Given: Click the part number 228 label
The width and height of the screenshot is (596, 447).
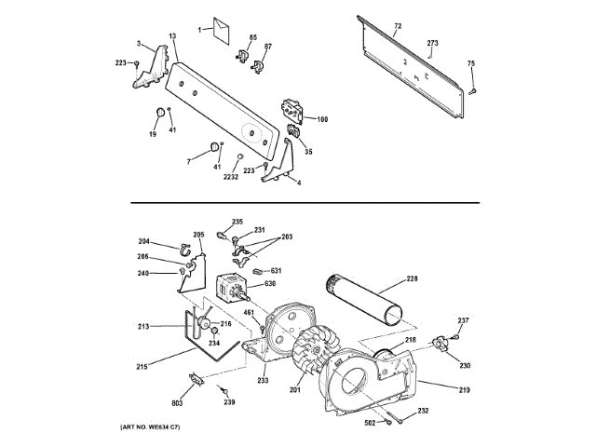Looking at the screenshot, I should (x=413, y=278).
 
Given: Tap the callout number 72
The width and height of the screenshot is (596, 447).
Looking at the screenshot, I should (x=397, y=25).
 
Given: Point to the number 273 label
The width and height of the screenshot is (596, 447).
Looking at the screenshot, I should (x=432, y=43).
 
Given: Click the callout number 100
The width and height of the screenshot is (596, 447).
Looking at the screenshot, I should (x=322, y=119).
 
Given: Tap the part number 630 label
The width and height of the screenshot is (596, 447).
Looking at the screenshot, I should (x=270, y=283).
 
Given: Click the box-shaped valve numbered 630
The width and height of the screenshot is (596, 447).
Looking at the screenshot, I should (x=231, y=288).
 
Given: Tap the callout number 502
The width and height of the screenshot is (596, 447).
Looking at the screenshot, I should (x=369, y=424).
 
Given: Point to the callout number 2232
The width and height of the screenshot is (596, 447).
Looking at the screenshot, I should (x=231, y=176).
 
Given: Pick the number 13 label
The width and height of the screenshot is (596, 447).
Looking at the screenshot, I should (x=172, y=35).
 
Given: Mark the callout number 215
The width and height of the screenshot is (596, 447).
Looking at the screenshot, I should (x=142, y=366).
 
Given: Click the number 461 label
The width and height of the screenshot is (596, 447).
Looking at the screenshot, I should (x=250, y=312).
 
